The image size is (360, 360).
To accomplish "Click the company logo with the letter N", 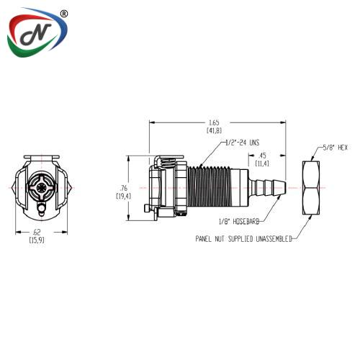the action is pos(37,32).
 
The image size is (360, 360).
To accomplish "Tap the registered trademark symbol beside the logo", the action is pos(63,14).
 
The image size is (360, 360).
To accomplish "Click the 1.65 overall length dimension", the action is pos(214,126).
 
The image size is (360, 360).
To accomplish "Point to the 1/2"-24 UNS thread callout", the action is pos(243,143).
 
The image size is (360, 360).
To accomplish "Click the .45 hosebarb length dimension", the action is pos(262,160).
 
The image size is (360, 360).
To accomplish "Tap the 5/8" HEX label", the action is pos(335,148).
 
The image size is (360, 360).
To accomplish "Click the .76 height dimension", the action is pos(123,192).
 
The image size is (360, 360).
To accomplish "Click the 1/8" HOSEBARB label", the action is pos(239,221).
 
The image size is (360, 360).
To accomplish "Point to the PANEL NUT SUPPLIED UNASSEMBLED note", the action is pos(243,239).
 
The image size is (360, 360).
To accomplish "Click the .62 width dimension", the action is pos(37,236).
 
